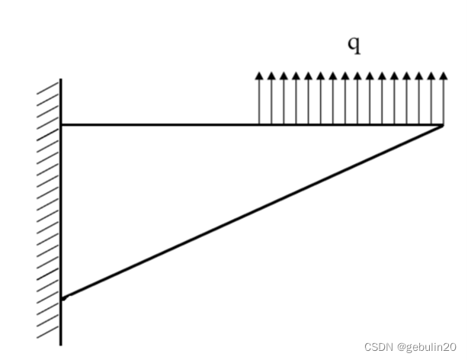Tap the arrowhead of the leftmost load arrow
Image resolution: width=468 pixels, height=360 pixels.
259,76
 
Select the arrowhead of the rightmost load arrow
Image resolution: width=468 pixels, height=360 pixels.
442,76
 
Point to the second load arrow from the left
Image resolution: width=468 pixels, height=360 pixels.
271,99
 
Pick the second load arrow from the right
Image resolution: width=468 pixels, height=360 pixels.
430,99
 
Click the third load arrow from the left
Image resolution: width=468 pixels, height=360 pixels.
284,99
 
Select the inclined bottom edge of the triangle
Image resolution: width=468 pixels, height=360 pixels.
252,210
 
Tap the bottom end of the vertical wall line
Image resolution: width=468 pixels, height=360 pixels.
61,344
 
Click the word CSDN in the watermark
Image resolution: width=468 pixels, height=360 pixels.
377,346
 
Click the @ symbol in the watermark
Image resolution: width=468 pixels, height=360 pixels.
399,346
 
